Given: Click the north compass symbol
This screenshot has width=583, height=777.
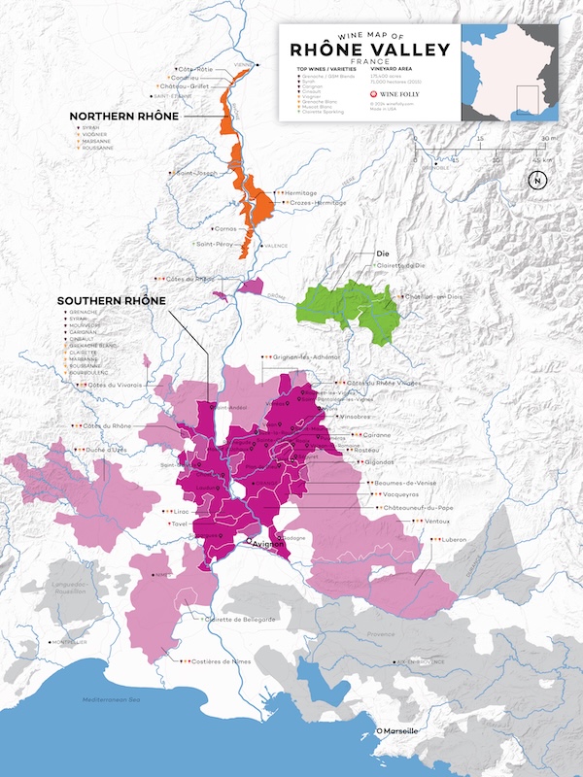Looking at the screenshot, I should (x=535, y=180).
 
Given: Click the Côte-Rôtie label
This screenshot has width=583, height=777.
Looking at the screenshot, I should (x=196, y=70).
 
